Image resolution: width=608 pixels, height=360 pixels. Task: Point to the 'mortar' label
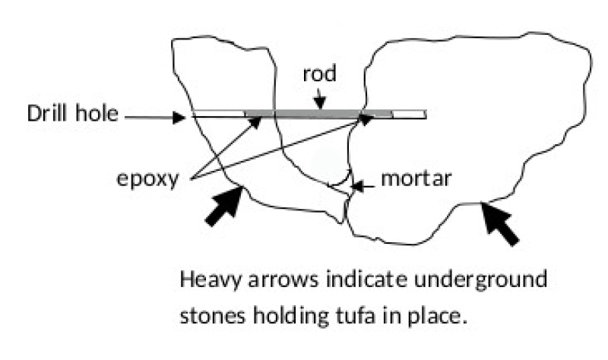point(417,182)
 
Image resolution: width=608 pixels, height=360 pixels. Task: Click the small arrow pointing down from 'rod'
point(321,99)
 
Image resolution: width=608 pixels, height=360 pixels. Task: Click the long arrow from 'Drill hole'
point(155,118)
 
